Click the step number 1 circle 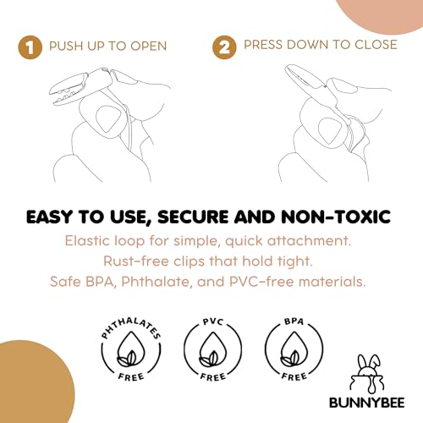(x=30, y=47)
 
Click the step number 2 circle (x=224, y=47)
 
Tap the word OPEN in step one (x=149, y=47)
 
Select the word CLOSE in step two (x=376, y=45)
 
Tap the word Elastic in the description (x=87, y=241)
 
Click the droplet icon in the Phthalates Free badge (x=131, y=349)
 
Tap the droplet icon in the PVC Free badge (x=213, y=349)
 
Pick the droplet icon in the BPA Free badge (x=294, y=349)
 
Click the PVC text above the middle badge (x=213, y=321)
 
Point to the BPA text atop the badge (x=294, y=321)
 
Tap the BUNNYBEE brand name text (x=367, y=403)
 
